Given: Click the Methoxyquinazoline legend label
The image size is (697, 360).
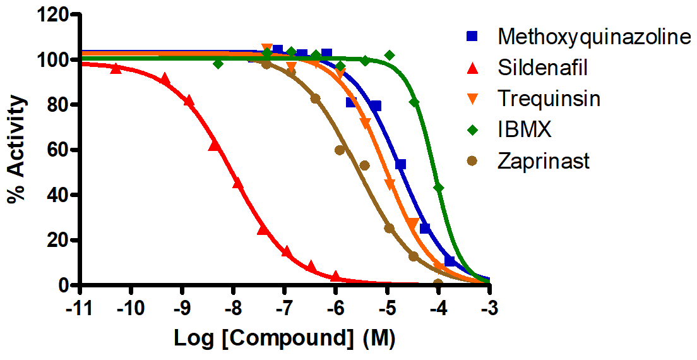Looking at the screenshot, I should click(x=591, y=37).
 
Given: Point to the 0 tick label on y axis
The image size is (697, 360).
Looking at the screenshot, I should click(x=68, y=285).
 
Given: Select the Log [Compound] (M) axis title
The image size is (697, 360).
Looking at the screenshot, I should click(x=285, y=339).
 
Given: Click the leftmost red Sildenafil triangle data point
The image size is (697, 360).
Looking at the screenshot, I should click(x=116, y=68).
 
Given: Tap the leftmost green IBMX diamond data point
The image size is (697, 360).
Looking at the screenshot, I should click(x=218, y=64).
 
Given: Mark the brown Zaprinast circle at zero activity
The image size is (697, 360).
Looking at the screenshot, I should click(x=438, y=284).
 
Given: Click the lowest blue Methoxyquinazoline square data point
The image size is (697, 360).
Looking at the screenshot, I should click(x=450, y=261).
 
